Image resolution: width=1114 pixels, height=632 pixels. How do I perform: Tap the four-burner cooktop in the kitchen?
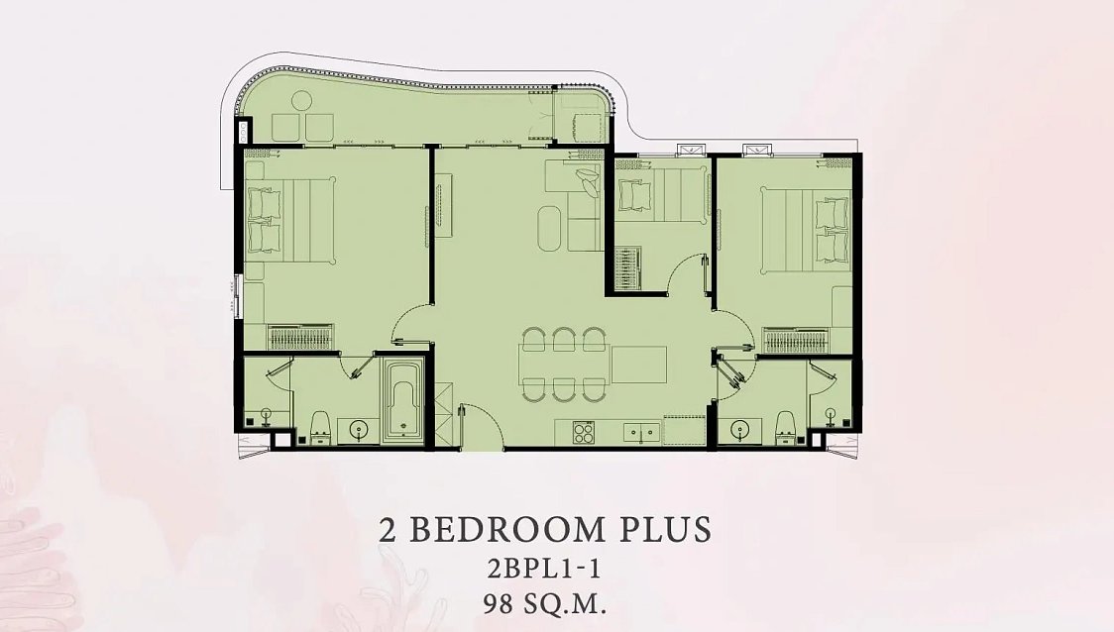coord(584,432)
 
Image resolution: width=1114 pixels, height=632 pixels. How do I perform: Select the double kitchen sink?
coord(641,432)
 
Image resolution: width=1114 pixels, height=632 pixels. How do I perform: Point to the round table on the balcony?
coord(302,101)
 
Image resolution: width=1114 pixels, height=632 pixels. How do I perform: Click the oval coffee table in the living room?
coord(549,228)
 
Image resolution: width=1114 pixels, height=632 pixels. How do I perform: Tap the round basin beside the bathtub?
coord(358,430)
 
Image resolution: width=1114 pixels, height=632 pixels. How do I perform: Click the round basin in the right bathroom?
coord(740,430)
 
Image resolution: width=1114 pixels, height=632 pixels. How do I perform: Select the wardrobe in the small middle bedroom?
coord(627,268)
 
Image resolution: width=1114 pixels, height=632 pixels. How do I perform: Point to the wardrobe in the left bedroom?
coord(300,338)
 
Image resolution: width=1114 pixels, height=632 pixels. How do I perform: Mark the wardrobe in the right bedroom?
coord(796,341)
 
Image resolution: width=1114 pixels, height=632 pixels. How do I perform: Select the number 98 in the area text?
coord(501,605)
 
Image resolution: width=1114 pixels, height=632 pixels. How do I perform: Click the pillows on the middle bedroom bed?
coord(634,195)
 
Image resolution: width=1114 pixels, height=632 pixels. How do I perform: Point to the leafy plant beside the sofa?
coord(589,180)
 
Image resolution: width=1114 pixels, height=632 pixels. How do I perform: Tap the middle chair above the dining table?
coord(565,339)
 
